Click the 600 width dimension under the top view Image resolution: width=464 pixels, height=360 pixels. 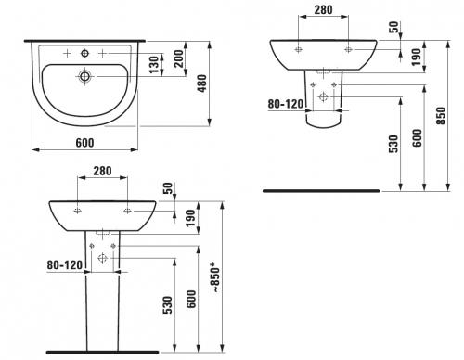tap(84, 143)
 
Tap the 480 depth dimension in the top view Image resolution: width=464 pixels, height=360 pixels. tap(202, 84)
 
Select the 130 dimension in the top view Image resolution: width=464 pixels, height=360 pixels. tap(154, 64)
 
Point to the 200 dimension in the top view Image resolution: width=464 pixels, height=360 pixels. tap(178, 58)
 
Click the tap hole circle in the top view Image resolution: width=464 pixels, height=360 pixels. tap(84, 54)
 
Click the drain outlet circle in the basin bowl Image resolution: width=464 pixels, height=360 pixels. tap(84, 76)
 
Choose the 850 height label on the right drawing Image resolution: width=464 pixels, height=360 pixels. tap(441, 116)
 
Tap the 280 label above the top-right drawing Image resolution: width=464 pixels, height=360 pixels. tap(323, 10)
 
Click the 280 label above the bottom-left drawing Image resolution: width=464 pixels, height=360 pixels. tap(102, 171)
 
